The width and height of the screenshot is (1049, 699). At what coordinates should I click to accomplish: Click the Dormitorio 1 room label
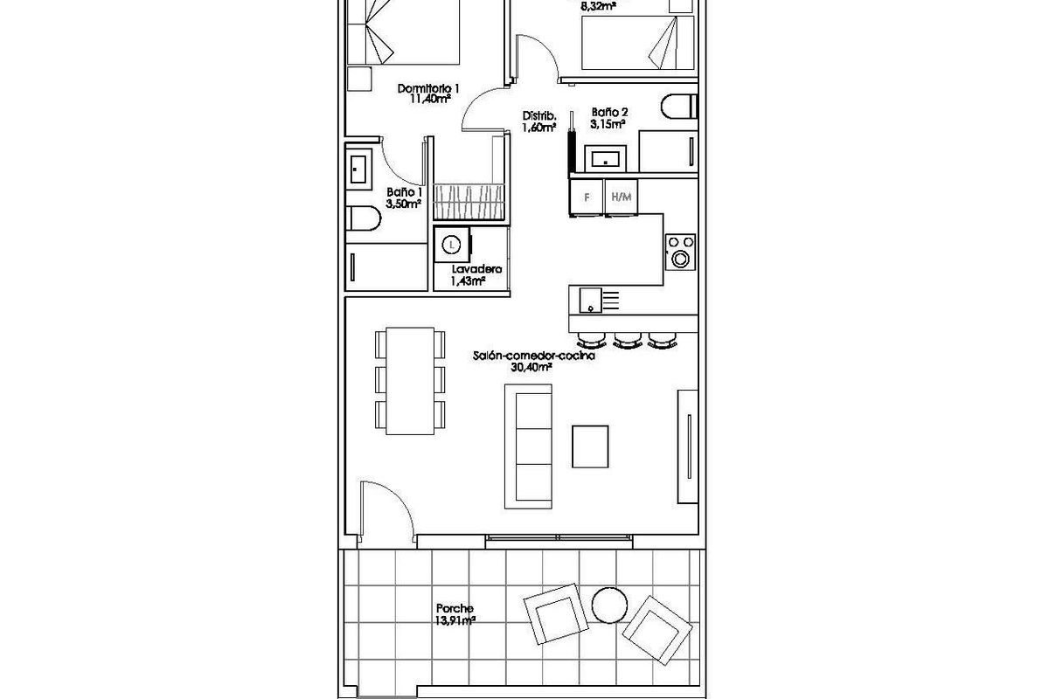tap(428, 88)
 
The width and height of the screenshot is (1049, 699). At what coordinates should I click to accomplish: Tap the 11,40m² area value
tap(430, 100)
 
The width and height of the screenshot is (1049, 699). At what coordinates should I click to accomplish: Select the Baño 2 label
tap(609, 113)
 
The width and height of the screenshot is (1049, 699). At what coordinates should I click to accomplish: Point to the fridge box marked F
tap(587, 197)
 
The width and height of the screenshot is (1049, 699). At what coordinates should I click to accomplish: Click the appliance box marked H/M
tap(622, 197)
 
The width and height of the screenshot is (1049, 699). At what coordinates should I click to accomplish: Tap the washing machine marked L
tap(451, 246)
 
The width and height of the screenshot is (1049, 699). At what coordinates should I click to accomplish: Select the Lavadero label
tap(469, 270)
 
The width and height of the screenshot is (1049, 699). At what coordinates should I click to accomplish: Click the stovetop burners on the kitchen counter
tap(680, 251)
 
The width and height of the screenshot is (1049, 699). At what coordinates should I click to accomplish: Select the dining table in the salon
tap(410, 380)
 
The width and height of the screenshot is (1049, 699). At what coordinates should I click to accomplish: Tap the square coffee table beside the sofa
tap(592, 446)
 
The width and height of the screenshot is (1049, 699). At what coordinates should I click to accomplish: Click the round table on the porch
tap(608, 604)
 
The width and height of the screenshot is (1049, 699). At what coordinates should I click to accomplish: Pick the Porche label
tap(455, 608)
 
